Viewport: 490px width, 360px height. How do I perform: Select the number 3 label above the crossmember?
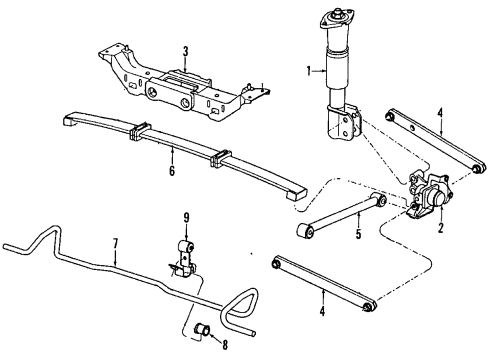185,50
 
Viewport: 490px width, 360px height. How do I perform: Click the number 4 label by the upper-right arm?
440,125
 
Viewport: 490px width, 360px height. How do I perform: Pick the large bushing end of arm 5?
306,233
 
